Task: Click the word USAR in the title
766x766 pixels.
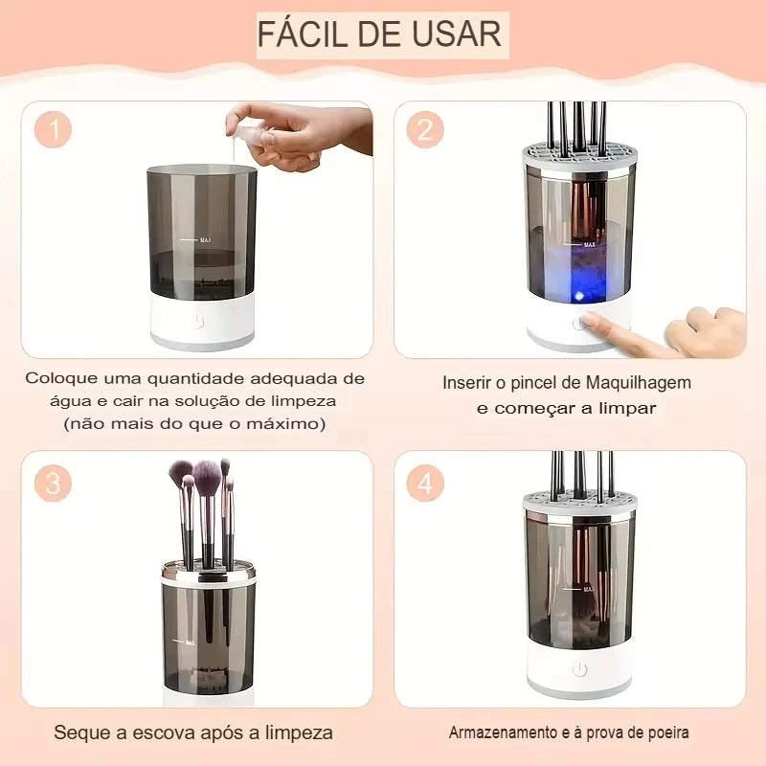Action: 459,34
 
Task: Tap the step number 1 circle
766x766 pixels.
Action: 55,130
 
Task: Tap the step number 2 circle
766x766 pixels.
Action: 425,129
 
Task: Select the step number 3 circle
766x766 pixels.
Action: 55,484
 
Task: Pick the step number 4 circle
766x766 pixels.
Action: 425,484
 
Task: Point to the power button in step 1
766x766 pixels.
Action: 197,322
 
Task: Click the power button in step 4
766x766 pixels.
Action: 579,668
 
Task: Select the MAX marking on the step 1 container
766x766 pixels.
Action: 205,240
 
